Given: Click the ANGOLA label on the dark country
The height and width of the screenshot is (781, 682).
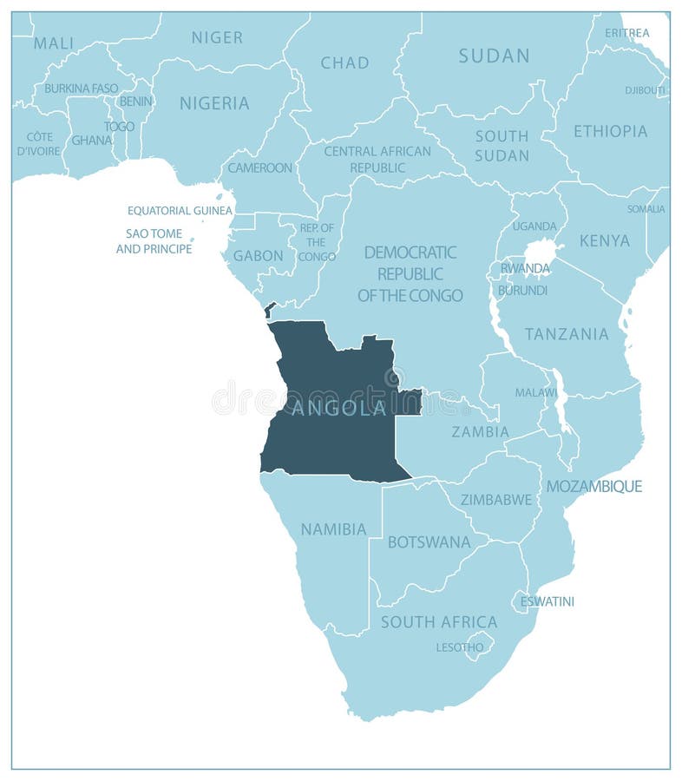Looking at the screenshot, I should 339,408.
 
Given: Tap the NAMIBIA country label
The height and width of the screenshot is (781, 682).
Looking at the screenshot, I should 333,528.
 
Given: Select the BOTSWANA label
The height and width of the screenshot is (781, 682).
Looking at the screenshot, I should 429,542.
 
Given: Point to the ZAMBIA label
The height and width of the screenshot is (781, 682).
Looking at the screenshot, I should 480,431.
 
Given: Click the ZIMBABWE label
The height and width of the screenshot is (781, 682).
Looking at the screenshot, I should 495,500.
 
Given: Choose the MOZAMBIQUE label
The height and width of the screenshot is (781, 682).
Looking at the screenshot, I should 593,486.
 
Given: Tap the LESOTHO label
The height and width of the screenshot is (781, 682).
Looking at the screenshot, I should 460,647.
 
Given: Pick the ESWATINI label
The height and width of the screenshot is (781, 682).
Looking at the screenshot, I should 547,601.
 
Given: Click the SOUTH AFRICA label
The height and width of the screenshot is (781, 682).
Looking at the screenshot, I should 438,622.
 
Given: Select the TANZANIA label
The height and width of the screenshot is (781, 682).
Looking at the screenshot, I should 567,334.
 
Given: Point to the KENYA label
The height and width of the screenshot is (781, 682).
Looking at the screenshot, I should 604,240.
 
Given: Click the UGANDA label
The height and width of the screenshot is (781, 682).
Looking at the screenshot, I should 534,226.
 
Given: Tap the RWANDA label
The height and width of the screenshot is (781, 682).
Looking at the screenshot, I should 525,268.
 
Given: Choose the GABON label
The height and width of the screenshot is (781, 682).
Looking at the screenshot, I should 258,256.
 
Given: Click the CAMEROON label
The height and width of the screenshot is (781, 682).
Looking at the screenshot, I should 259,167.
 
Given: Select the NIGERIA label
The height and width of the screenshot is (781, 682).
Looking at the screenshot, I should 214,103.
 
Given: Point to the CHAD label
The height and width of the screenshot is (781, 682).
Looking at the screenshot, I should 344,62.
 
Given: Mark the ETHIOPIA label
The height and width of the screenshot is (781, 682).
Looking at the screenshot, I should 610,131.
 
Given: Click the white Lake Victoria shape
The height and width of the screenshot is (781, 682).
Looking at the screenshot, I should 541,254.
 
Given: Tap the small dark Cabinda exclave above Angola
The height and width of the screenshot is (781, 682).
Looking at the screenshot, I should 270,309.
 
